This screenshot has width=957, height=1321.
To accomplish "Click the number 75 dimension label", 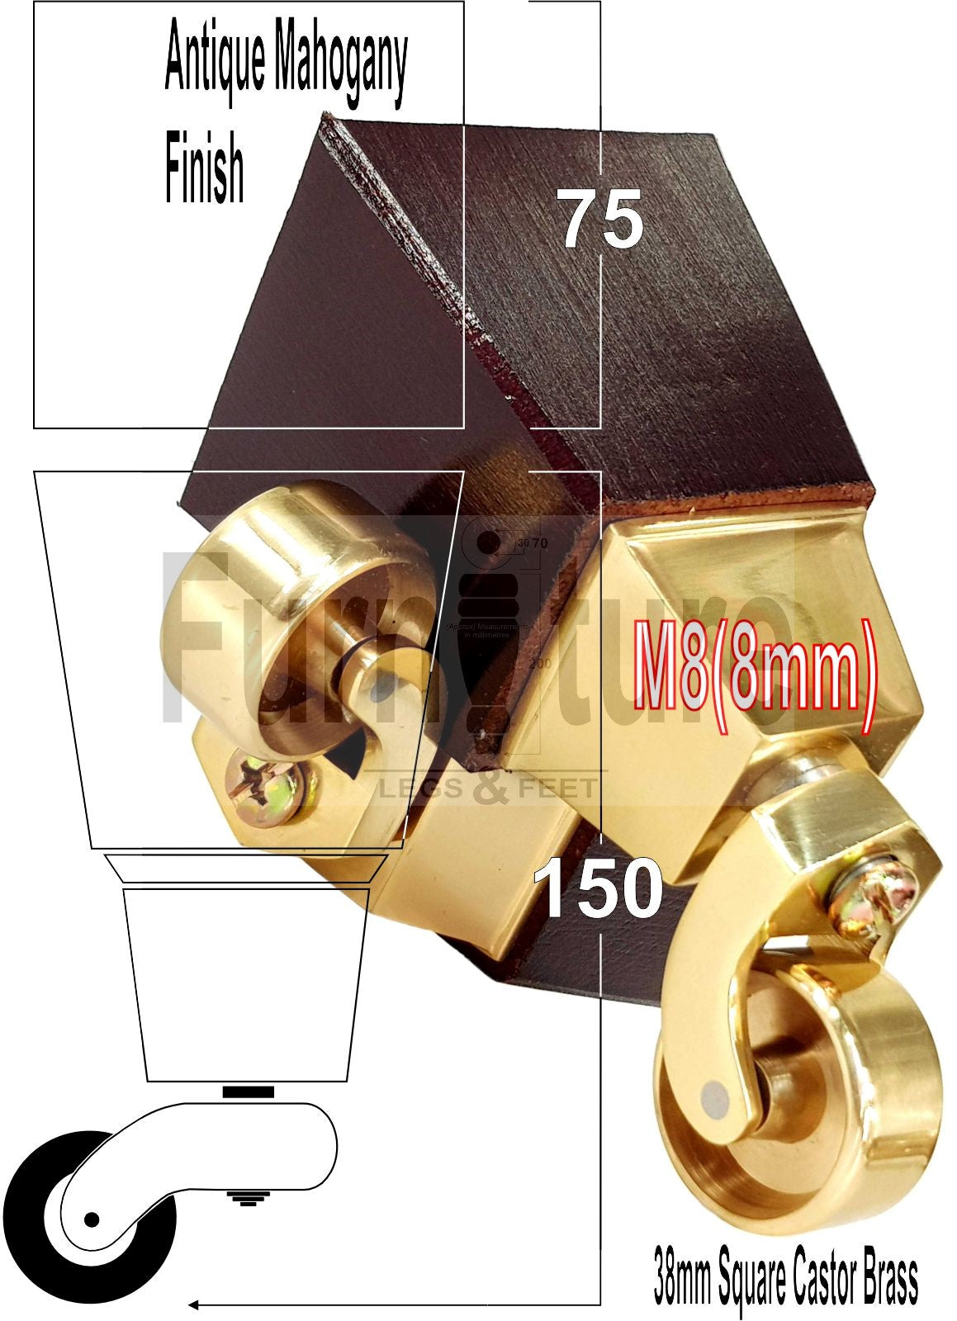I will point(602,218).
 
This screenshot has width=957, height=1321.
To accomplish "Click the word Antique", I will point(216,62).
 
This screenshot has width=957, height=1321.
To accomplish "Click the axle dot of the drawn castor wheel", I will point(92,1219).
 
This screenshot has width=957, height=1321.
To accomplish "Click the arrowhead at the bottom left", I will point(195,1304).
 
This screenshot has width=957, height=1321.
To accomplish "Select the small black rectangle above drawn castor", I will point(248,1091).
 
